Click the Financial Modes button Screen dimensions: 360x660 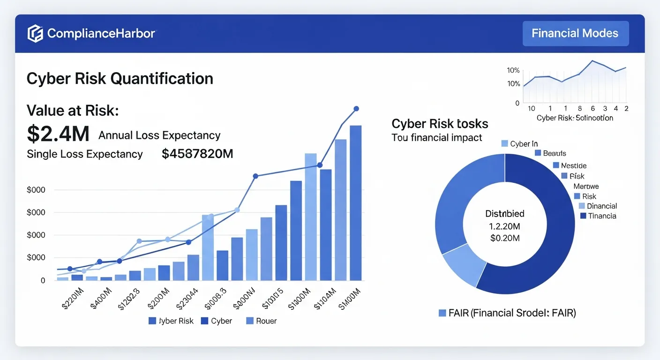(575, 33)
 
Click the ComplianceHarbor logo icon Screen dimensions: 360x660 (35, 34)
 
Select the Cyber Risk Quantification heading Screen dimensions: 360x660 (120, 78)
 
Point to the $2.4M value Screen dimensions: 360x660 (58, 134)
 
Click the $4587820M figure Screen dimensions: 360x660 (197, 154)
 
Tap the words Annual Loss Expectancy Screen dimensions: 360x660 (159, 135)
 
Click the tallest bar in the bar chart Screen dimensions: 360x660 (355, 202)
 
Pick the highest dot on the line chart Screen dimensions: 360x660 (356, 109)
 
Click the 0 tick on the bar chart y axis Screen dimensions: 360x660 (43, 280)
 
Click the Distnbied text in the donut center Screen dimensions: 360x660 (504, 214)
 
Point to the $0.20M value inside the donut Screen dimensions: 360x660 (504, 238)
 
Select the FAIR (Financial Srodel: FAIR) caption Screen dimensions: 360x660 (507, 313)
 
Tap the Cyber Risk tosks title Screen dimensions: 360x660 (440, 124)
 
